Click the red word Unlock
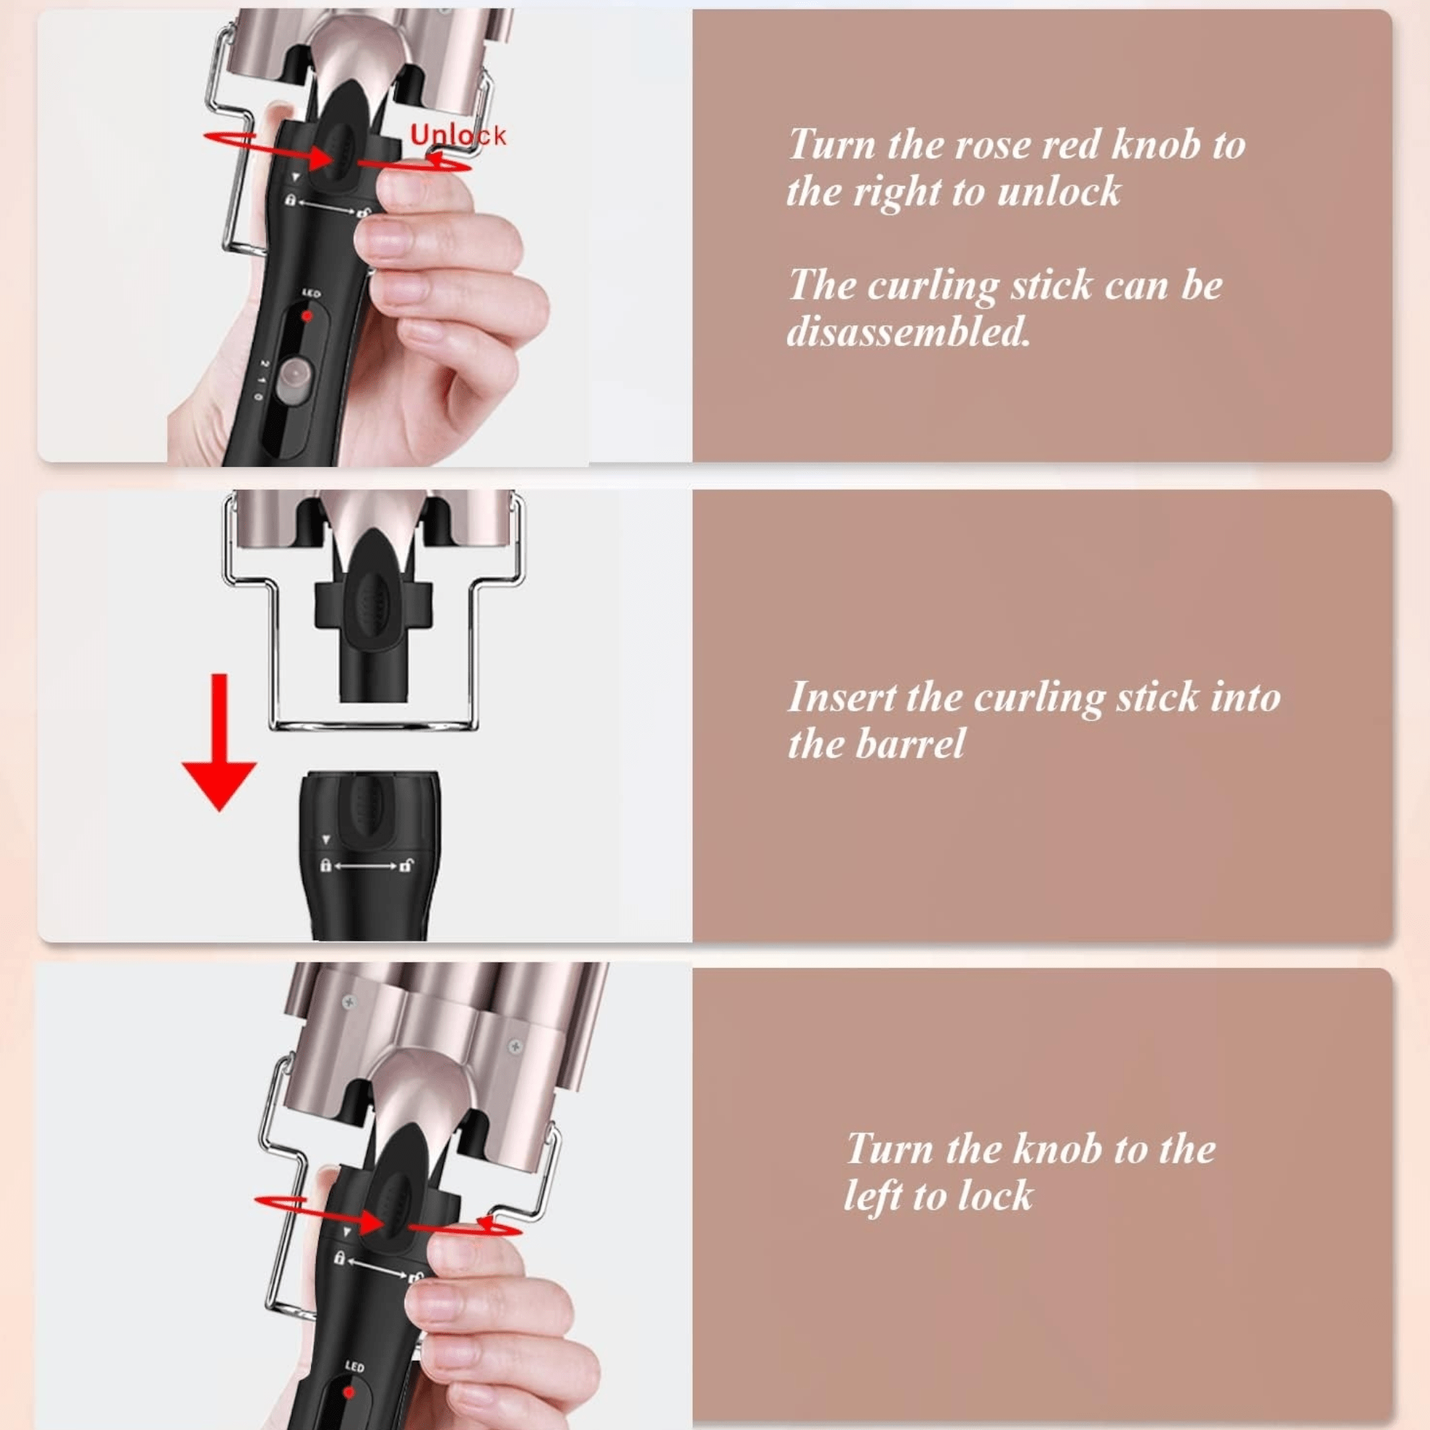coord(458,135)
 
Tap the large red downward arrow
coord(219,742)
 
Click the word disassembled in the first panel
coord(908,331)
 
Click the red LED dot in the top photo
coord(307,316)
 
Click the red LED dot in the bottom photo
coord(349,1371)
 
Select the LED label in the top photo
coord(311,294)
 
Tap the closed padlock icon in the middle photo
coord(325,864)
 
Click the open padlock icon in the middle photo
coord(407,864)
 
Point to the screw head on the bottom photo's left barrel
coord(349,1002)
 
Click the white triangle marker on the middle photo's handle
coord(325,840)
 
